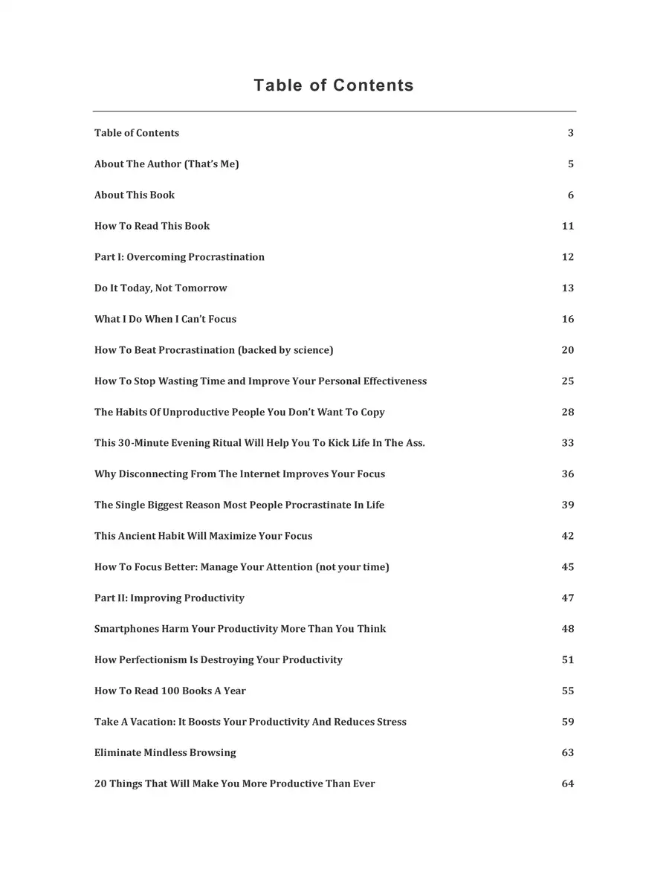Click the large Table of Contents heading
pos(334,85)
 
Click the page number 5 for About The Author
pos(571,164)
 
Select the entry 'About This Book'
pos(135,195)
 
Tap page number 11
pos(568,226)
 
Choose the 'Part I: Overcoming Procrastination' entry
pos(179,257)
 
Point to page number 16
pos(568,319)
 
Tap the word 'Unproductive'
pos(195,413)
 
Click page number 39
pos(568,505)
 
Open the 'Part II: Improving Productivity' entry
pos(169,598)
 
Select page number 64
pos(568,783)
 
